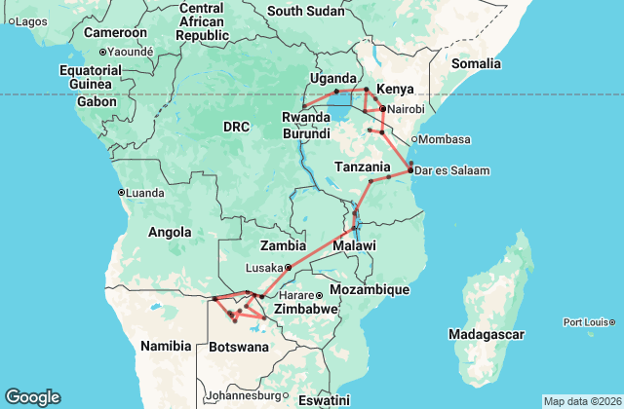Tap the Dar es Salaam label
453,171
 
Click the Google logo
32,397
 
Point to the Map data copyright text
581,401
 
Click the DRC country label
237,127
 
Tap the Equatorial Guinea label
89,77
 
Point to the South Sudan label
306,12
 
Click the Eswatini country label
323,400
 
